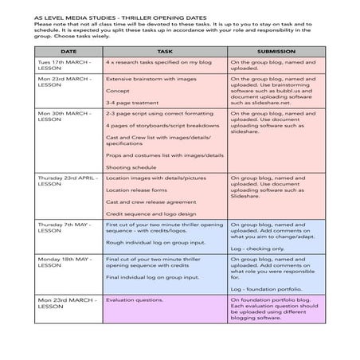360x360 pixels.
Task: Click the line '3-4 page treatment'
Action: [x=127, y=103]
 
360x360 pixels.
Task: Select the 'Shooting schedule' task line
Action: [x=127, y=166]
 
